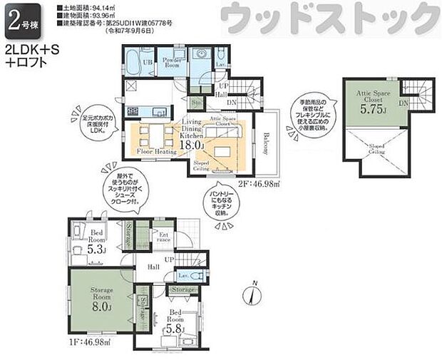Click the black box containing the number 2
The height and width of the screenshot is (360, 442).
[x=14, y=21]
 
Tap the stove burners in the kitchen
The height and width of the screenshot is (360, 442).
[x=133, y=111]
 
